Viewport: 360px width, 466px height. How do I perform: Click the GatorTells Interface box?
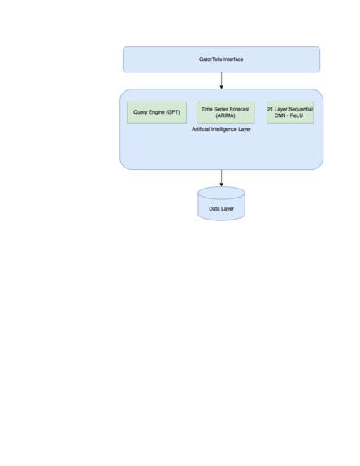[x=221, y=59]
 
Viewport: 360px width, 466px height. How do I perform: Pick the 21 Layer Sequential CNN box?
[x=290, y=112]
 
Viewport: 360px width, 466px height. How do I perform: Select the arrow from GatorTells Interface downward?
[x=221, y=81]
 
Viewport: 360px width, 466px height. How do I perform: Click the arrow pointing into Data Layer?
[x=221, y=178]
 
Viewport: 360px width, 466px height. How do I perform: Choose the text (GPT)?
[x=171, y=111]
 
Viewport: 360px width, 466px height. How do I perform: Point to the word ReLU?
[x=298, y=116]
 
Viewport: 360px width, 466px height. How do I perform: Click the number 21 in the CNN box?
[x=271, y=108]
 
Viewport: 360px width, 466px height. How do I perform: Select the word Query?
[x=141, y=111]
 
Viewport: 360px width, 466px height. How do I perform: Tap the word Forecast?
[x=240, y=108]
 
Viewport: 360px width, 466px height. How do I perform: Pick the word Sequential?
[x=300, y=108]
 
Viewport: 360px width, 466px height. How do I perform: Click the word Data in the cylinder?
[x=215, y=209]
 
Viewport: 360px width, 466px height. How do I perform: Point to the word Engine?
[x=158, y=111]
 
